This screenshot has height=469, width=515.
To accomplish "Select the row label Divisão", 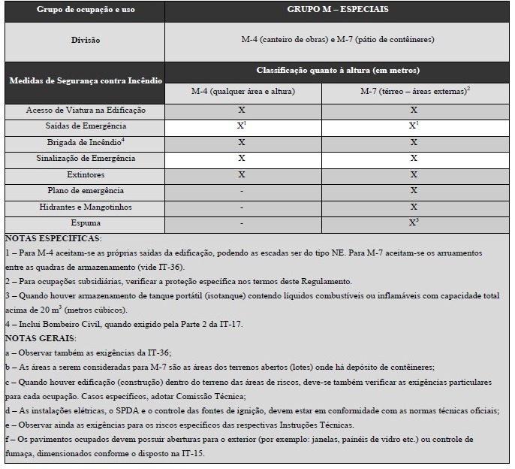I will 86,40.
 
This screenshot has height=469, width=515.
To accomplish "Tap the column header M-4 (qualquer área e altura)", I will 242,92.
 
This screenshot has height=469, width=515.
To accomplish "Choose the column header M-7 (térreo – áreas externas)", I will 414,92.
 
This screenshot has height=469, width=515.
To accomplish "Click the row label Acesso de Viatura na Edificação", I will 86,110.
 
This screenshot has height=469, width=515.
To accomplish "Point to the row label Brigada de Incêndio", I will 86,142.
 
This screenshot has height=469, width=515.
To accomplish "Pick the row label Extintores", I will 86,174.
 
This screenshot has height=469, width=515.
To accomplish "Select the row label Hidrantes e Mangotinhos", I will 86,207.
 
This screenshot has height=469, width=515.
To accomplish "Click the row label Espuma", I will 86,223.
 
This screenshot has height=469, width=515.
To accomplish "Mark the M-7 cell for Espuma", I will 414,222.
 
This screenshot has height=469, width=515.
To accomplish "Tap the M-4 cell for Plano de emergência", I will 242,191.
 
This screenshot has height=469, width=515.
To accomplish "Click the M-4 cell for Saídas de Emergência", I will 242,126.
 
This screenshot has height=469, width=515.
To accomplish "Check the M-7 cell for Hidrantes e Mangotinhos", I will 414,207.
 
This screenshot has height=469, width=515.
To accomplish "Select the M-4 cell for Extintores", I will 242,174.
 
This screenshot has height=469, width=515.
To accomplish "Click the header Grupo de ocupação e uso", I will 85,11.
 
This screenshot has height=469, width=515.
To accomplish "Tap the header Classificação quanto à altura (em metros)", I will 338,70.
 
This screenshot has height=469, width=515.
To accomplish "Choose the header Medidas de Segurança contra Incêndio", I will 85,80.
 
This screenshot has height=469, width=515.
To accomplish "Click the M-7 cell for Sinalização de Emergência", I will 414,159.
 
